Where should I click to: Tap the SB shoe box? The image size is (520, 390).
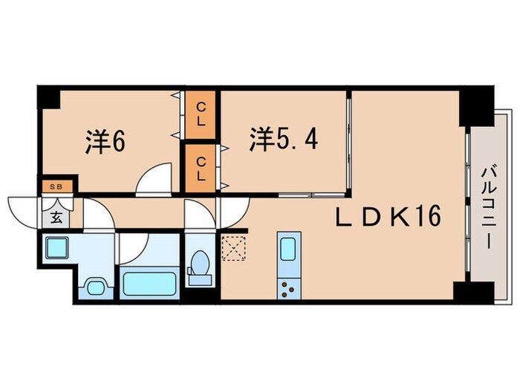[x=56, y=186]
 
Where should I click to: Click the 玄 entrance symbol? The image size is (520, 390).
[x=56, y=218]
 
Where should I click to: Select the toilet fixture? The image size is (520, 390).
[x=199, y=267]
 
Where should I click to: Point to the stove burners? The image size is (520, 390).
[x=287, y=288]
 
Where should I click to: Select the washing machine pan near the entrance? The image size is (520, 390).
[x=56, y=247]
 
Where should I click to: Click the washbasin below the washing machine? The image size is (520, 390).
[x=95, y=286]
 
